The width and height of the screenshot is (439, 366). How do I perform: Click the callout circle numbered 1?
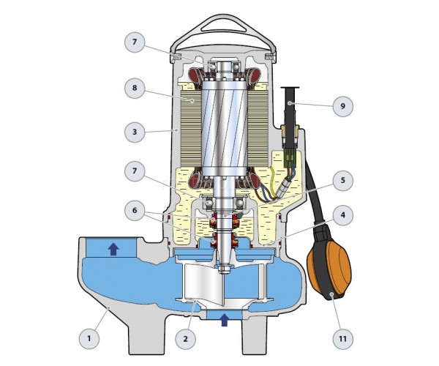(x=89, y=339)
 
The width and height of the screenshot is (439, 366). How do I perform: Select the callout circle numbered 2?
(x=186, y=339)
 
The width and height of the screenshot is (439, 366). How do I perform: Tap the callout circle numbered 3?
(x=135, y=132)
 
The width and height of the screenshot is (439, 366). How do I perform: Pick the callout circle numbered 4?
(x=342, y=215)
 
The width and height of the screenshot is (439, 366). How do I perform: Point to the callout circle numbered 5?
(x=342, y=180)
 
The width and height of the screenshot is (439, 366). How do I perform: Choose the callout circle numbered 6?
(x=135, y=210)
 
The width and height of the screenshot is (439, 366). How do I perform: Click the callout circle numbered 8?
(x=135, y=88)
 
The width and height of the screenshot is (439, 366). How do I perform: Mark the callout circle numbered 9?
(x=342, y=106)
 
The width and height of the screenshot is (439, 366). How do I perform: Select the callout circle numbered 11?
(x=342, y=339)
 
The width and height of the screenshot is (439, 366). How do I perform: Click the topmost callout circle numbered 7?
(x=135, y=42)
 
